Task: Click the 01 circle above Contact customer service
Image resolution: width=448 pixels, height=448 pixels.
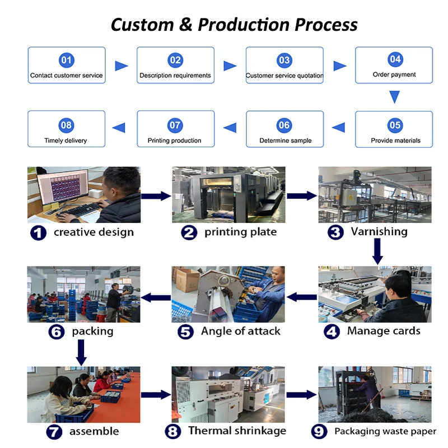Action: (66, 60)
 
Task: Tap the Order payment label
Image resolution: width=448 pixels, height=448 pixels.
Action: (394, 74)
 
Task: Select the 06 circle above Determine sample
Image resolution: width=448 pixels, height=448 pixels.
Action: (284, 125)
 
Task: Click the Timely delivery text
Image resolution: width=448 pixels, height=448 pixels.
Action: (66, 141)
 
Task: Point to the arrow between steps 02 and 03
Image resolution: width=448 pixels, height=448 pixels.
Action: (230, 66)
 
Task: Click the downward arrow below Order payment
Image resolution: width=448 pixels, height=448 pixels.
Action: (394, 97)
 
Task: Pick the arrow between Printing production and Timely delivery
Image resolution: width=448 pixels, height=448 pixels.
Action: (119, 128)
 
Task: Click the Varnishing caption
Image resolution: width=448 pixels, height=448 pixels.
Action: (379, 231)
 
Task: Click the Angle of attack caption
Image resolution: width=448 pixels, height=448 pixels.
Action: (240, 331)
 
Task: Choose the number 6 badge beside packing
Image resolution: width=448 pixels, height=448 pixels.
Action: (57, 332)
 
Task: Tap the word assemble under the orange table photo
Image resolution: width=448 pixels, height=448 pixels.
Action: (94, 431)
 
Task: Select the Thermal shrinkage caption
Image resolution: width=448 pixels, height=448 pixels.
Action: (237, 431)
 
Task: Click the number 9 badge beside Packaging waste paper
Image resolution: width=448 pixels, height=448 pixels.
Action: (319, 432)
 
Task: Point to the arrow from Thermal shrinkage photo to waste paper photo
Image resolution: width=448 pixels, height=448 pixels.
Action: (301, 394)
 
